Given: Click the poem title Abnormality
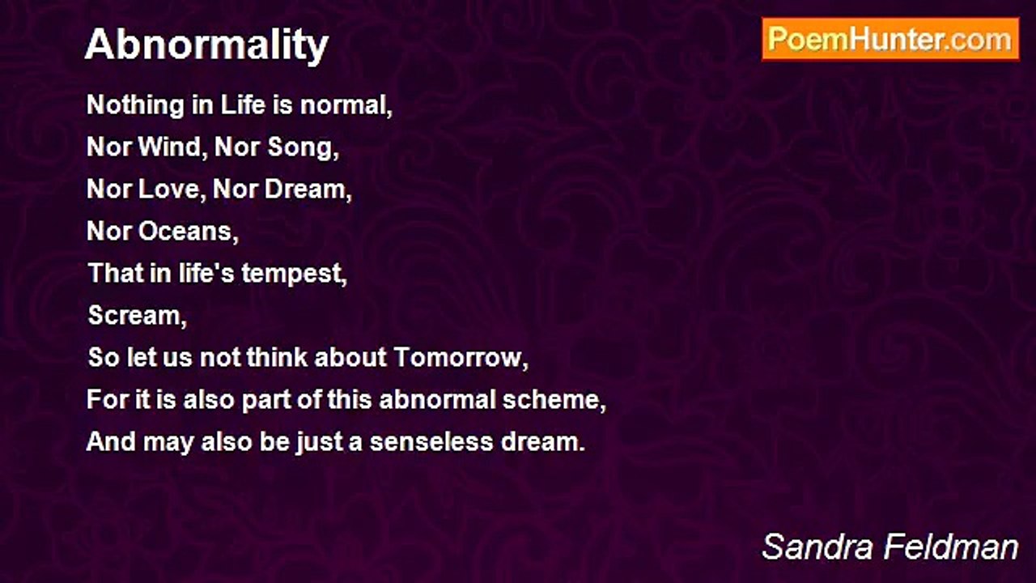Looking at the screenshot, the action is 206,45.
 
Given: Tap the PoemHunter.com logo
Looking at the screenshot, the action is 890,40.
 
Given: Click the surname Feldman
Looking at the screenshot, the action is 951,547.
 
